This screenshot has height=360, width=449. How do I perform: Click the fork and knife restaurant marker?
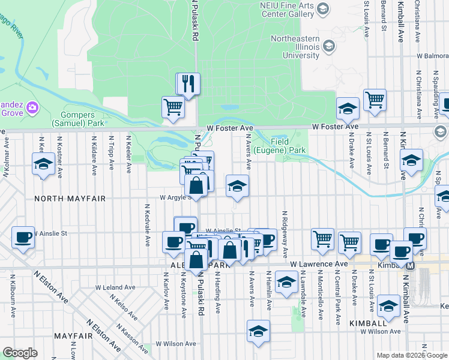pos(188,83)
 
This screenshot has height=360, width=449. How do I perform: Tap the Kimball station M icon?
pos(411,265)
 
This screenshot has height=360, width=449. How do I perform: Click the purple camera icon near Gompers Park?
pos(32,108)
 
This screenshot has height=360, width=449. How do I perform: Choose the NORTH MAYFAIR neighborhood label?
pos(70,198)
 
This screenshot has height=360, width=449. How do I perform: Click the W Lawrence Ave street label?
pos(319,264)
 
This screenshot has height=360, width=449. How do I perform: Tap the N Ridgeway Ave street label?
pos(285,235)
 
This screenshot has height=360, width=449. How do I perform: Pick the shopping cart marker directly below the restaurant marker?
pos(173,107)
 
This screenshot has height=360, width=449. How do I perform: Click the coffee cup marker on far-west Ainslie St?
pos(23,238)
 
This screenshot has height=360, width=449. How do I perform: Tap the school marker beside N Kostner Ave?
pos(44,164)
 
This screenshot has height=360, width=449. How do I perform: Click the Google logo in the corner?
pos(20,353)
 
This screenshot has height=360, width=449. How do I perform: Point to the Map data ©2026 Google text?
pos(411,355)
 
